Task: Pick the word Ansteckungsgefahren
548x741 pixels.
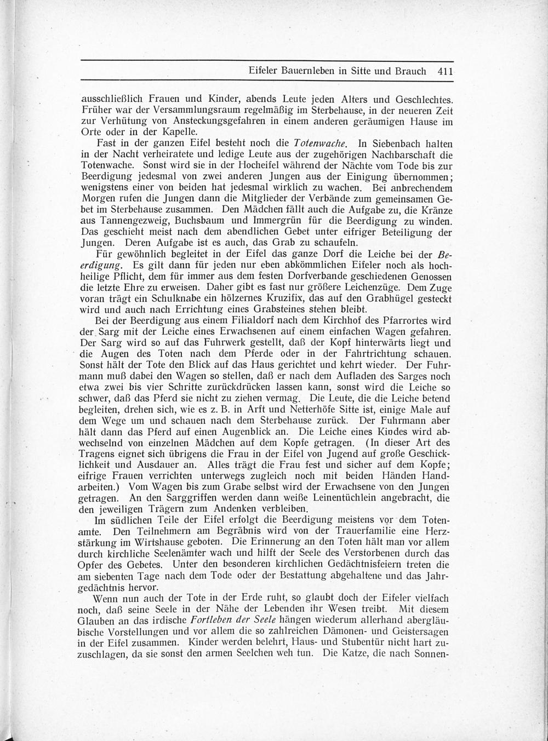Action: coord(196,121)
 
